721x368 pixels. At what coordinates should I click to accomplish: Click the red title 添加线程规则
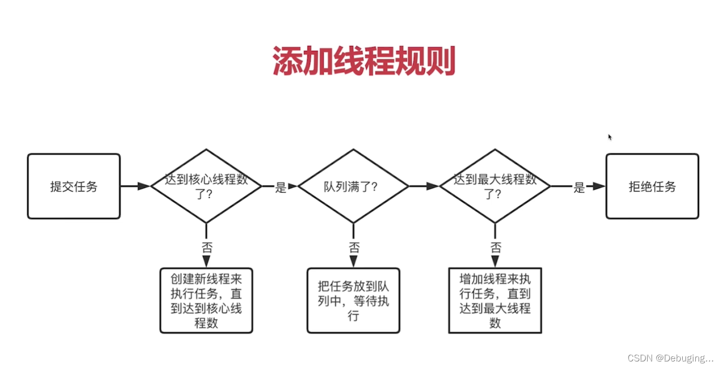[x=364, y=61]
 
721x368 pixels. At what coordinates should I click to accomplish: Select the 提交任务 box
[x=74, y=187]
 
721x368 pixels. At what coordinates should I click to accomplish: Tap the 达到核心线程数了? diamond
[x=206, y=186]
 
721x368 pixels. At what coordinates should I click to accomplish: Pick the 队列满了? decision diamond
[x=353, y=186]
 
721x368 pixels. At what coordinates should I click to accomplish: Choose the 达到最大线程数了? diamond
[x=495, y=186]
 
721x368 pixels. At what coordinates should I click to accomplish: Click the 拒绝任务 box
[x=652, y=187]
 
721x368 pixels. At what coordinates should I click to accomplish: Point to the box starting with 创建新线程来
[x=206, y=301]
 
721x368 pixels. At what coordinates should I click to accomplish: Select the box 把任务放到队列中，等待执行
[x=353, y=301]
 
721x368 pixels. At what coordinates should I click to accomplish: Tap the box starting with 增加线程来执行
[x=495, y=301]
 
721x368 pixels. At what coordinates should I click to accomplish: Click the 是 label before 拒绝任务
[x=579, y=188]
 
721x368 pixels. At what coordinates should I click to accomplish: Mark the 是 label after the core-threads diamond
[x=280, y=188]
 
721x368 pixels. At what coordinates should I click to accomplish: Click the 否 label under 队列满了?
[x=354, y=247]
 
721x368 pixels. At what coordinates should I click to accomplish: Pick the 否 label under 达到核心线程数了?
[x=207, y=247]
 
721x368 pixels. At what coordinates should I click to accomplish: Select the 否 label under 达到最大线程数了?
[x=495, y=247]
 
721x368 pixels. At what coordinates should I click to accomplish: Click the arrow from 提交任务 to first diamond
[x=136, y=186]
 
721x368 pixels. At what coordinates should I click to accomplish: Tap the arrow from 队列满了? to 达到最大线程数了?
[x=424, y=186]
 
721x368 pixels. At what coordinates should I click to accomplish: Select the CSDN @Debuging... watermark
[x=670, y=358]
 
